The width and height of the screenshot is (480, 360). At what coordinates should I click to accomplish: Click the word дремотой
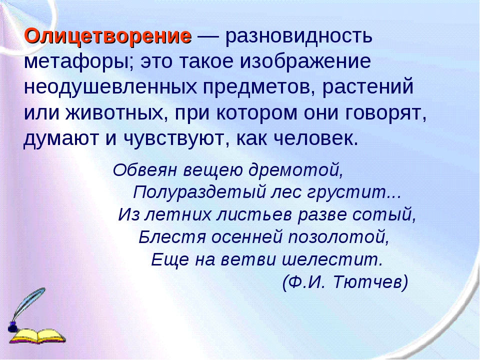(x=295, y=170)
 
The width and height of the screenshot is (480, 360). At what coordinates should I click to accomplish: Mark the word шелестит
(x=332, y=260)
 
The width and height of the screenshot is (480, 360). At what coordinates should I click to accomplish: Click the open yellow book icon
(x=38, y=336)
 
